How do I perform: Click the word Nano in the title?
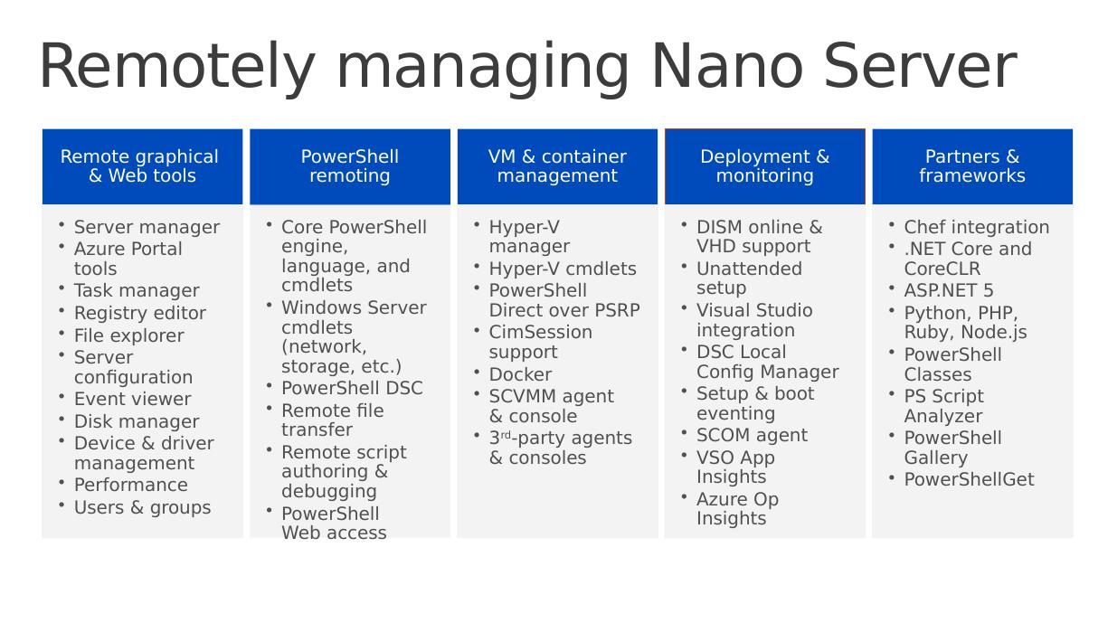727,66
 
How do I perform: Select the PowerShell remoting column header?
350,166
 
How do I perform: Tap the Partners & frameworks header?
972,166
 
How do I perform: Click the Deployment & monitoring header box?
764,166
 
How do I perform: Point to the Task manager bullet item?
137,291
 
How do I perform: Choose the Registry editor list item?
140,313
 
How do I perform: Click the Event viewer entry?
133,399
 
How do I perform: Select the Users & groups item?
143,508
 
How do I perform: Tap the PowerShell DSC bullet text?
352,388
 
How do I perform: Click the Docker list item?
520,374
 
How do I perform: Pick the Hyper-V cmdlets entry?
563,269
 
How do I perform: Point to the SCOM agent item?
752,436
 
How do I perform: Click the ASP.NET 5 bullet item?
948,290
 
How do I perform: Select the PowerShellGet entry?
969,479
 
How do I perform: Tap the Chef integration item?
977,228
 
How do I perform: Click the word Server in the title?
920,66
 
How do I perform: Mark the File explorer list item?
128,335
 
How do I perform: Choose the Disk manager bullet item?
137,421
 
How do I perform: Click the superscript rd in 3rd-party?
505,435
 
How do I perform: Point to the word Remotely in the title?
177,70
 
